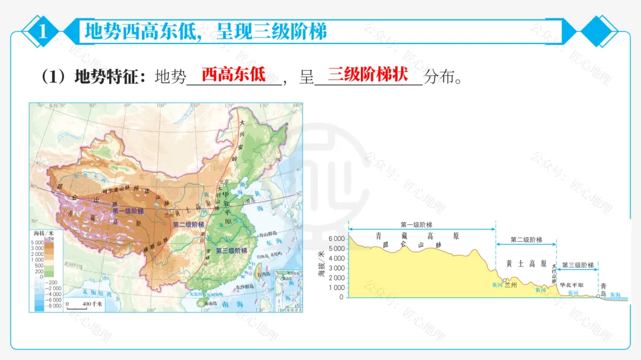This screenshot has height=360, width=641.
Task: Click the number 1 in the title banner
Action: click(x=42, y=31)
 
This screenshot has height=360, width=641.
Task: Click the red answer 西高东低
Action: click(x=233, y=75)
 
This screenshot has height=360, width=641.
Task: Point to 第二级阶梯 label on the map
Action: click(x=188, y=225)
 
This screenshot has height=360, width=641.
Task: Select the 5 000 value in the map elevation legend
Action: click(x=37, y=243)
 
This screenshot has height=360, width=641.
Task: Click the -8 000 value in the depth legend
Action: click(x=37, y=305)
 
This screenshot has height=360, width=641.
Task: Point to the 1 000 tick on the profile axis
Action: click(x=337, y=288)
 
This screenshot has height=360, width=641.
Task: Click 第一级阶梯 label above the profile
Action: click(x=416, y=225)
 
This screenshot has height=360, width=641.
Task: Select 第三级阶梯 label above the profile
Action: click(x=577, y=265)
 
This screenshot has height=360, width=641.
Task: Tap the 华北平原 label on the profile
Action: click(x=571, y=285)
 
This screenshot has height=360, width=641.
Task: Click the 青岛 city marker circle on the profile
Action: click(x=598, y=296)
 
